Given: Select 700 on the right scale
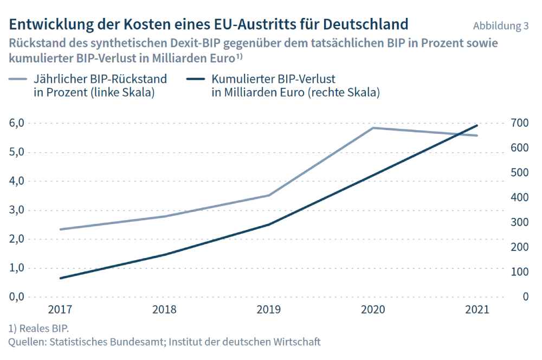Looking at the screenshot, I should [x=518, y=123].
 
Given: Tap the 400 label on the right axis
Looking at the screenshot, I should [x=518, y=197].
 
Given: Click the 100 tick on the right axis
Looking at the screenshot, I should [x=518, y=272].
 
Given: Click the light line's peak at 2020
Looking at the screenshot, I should [x=373, y=128].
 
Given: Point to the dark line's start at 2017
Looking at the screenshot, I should [x=60, y=278].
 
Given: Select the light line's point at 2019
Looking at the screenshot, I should [x=268, y=195].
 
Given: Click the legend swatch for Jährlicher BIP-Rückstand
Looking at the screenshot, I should [x=20, y=79].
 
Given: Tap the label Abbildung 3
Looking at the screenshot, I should [x=500, y=26].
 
